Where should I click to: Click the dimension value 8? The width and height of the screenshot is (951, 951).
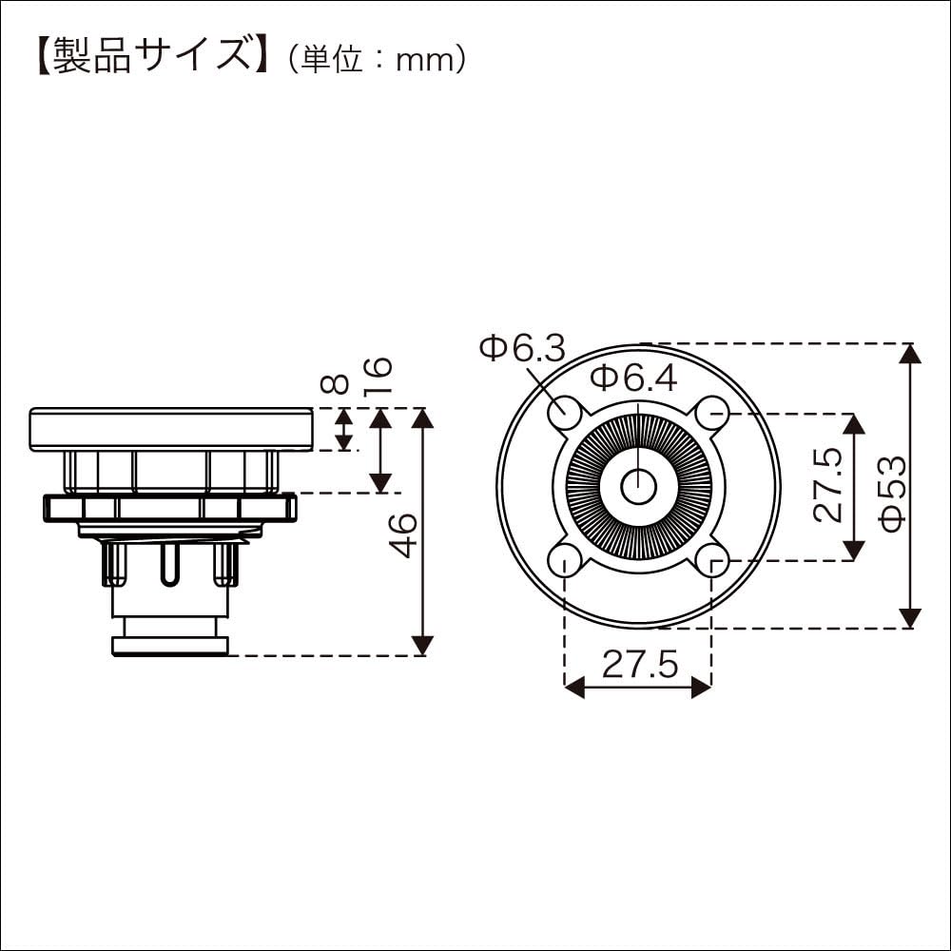pyautogui.click(x=335, y=383)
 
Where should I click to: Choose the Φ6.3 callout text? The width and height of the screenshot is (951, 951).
pyautogui.click(x=522, y=350)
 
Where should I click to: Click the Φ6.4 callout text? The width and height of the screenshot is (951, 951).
pyautogui.click(x=633, y=378)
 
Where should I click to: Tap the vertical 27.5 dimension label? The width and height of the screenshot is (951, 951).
pyautogui.click(x=828, y=484)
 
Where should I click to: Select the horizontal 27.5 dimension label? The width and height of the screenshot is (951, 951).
pyautogui.click(x=639, y=664)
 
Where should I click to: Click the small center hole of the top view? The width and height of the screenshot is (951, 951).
pyautogui.click(x=639, y=487)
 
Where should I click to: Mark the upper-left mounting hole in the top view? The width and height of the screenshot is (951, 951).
pyautogui.click(x=566, y=414)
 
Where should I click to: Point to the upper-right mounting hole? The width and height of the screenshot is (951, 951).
pyautogui.click(x=712, y=414)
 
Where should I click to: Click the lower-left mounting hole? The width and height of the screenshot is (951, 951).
pyautogui.click(x=566, y=560)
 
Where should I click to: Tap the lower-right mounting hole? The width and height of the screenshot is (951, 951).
pyautogui.click(x=712, y=560)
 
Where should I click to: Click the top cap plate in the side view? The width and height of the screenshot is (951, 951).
pyautogui.click(x=171, y=429)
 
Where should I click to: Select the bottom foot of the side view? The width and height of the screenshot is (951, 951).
pyautogui.click(x=169, y=647)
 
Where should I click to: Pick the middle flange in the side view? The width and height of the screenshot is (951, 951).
pyautogui.click(x=169, y=508)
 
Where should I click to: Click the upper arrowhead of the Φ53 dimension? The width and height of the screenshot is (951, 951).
pyautogui.click(x=910, y=353)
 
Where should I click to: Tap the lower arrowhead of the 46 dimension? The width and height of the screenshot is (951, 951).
pyautogui.click(x=422, y=646)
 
